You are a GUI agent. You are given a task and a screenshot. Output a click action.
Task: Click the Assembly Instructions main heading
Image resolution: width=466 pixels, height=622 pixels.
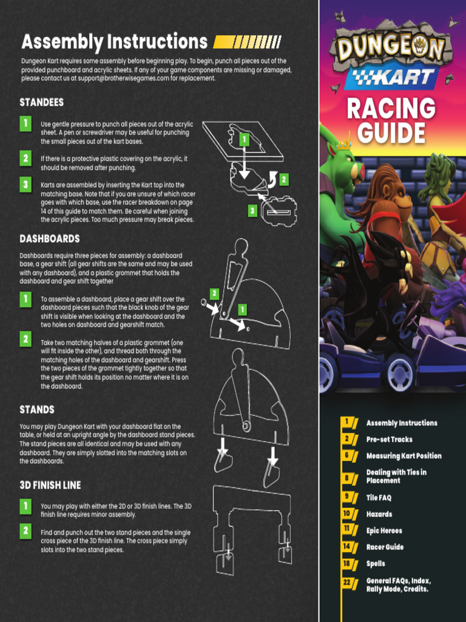pos(114,42)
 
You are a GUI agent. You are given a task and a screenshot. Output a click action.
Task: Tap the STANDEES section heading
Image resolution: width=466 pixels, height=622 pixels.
pos(41,102)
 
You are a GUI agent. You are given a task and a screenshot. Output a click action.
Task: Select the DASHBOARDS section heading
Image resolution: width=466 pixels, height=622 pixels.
pos(50,239)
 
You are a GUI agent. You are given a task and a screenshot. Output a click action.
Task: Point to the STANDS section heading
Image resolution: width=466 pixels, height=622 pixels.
pos(37,409)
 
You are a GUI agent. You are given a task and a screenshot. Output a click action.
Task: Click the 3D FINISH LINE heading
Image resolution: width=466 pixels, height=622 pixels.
pos(50,485)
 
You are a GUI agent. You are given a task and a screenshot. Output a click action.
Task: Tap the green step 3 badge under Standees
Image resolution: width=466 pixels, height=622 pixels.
pos(25,184)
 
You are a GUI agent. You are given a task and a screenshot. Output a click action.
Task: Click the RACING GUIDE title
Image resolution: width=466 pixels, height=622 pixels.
pos(391,120)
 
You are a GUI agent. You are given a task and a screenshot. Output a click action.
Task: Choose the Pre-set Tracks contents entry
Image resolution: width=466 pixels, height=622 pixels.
pos(389,439)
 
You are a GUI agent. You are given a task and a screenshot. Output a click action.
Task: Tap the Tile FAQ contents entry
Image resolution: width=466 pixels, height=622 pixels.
pos(379,497)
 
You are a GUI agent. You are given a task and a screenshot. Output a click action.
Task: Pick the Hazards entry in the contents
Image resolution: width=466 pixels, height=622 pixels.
pos(379,514)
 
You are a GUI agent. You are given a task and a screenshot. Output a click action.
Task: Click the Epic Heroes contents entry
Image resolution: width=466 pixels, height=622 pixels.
pos(384,530)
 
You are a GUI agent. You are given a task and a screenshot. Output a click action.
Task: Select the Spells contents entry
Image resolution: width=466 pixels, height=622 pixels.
pos(376,564)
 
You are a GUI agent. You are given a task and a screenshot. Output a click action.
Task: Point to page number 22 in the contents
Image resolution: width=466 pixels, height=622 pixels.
pos(347,582)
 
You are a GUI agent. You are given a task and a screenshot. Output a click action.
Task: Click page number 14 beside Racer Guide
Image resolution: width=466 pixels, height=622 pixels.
pos(347,547)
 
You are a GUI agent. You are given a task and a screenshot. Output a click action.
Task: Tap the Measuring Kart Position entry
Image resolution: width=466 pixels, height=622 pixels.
pos(404,456)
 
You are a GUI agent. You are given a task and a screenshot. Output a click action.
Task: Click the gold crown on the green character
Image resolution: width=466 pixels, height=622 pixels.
pos(345,145)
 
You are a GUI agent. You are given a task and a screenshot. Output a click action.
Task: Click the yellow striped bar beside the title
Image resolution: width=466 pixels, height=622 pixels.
pos(248,43)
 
